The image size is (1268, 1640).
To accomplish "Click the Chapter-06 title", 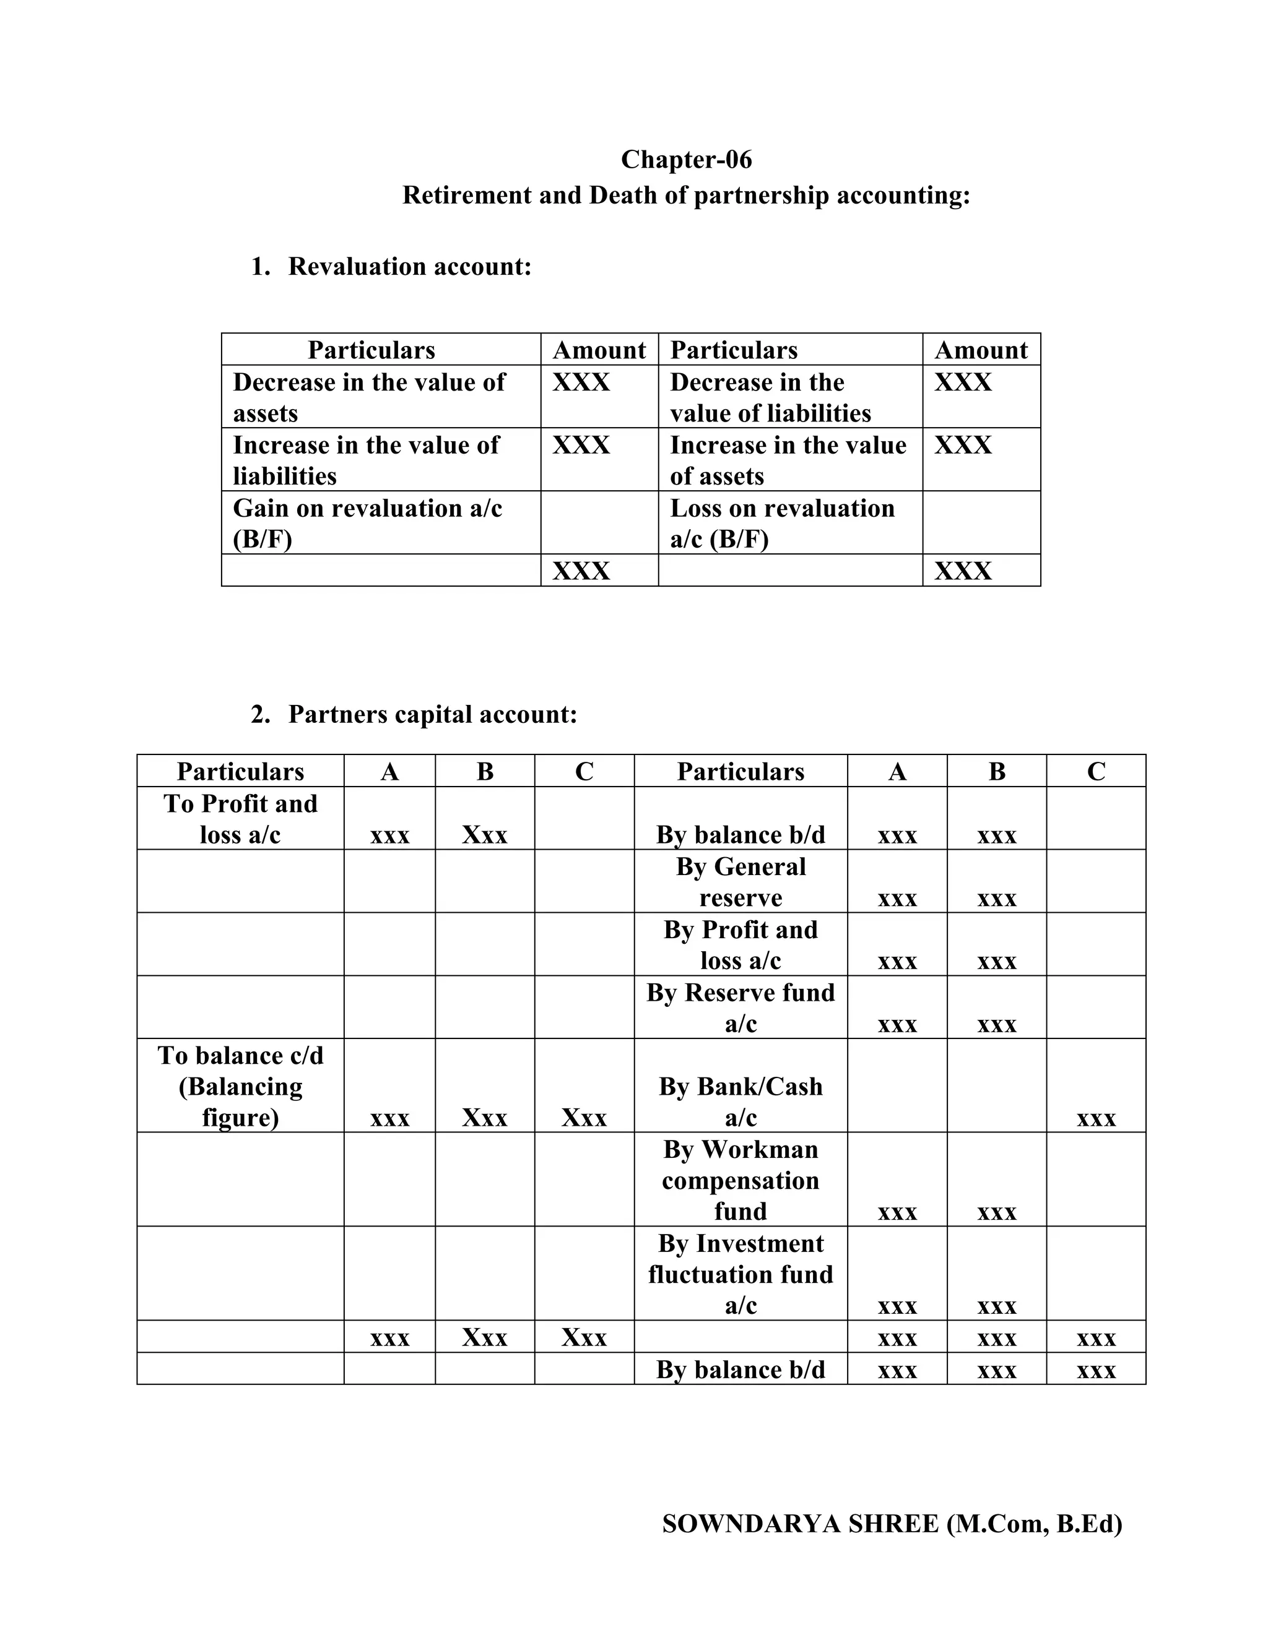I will pos(686,159).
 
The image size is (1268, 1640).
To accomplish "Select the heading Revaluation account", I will pos(409,267).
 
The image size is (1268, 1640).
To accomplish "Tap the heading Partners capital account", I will pos(432,714).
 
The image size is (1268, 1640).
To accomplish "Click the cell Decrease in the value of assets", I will pos(369,397).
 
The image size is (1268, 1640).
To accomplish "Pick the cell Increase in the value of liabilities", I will pos(366,460).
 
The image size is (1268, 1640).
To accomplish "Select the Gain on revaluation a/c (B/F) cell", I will pos(367,524).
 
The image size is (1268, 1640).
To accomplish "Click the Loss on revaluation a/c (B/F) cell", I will pos(782,524).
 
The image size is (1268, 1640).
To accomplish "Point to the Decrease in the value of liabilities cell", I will pos(770,397).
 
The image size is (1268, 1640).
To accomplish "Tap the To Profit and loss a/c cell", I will pos(240,819).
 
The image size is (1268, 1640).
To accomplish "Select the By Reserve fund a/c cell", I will pos(740,1008).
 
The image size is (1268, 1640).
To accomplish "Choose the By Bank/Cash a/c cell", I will pos(740,1102).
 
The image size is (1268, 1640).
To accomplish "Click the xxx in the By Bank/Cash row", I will pos(1096,1119).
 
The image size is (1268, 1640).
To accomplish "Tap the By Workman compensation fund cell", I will pos(740,1180).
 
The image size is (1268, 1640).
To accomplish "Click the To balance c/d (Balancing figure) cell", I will pos(240,1086).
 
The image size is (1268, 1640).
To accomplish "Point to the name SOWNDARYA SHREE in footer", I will pos(800,1524).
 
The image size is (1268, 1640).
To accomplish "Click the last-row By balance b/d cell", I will pos(740,1370).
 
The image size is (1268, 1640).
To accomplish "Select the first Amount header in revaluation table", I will pos(599,350).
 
